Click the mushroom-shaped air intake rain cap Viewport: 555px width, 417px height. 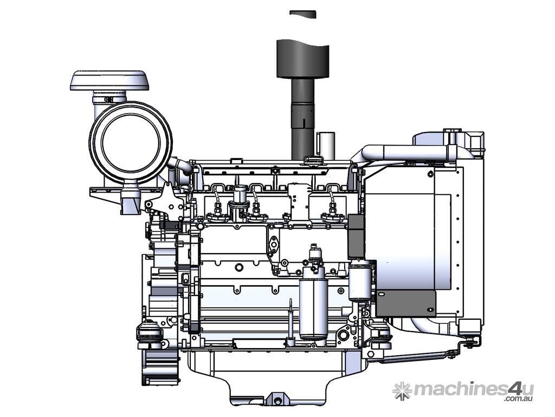tap(109, 80)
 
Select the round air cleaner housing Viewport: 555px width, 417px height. tap(131, 143)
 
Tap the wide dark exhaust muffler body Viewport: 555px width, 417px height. tap(302, 58)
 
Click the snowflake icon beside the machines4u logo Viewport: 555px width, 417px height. tap(402, 391)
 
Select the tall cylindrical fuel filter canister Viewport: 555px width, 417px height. tap(313, 304)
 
